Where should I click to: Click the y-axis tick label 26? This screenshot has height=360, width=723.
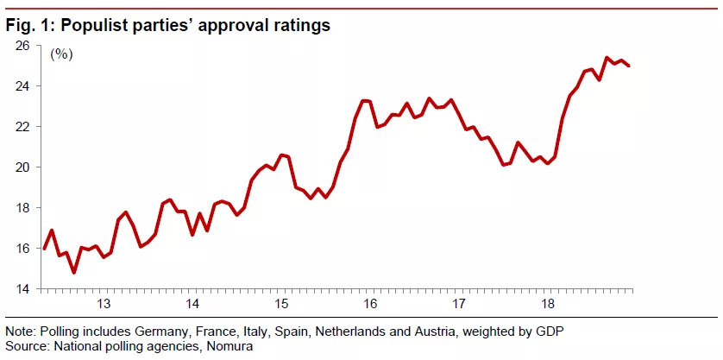point(23,46)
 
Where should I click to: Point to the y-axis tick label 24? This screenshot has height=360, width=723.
point(23,86)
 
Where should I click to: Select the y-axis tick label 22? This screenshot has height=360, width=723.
point(23,126)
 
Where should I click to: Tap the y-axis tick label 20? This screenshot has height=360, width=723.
point(23,167)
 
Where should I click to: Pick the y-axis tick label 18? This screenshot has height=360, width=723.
point(23,207)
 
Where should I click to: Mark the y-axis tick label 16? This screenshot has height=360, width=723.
point(23,248)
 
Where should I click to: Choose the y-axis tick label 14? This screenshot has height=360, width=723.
point(23,288)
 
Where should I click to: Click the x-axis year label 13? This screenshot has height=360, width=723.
point(104,304)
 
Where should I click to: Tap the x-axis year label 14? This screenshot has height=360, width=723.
point(192,304)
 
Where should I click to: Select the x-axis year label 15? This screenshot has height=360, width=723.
point(281,304)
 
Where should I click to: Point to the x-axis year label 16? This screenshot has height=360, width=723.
point(370,304)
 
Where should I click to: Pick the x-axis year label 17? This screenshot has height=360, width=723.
point(459,304)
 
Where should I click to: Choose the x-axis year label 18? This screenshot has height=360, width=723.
point(547,304)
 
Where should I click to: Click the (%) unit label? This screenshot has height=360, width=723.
point(61,54)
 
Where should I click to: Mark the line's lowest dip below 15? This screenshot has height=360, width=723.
point(74,273)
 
